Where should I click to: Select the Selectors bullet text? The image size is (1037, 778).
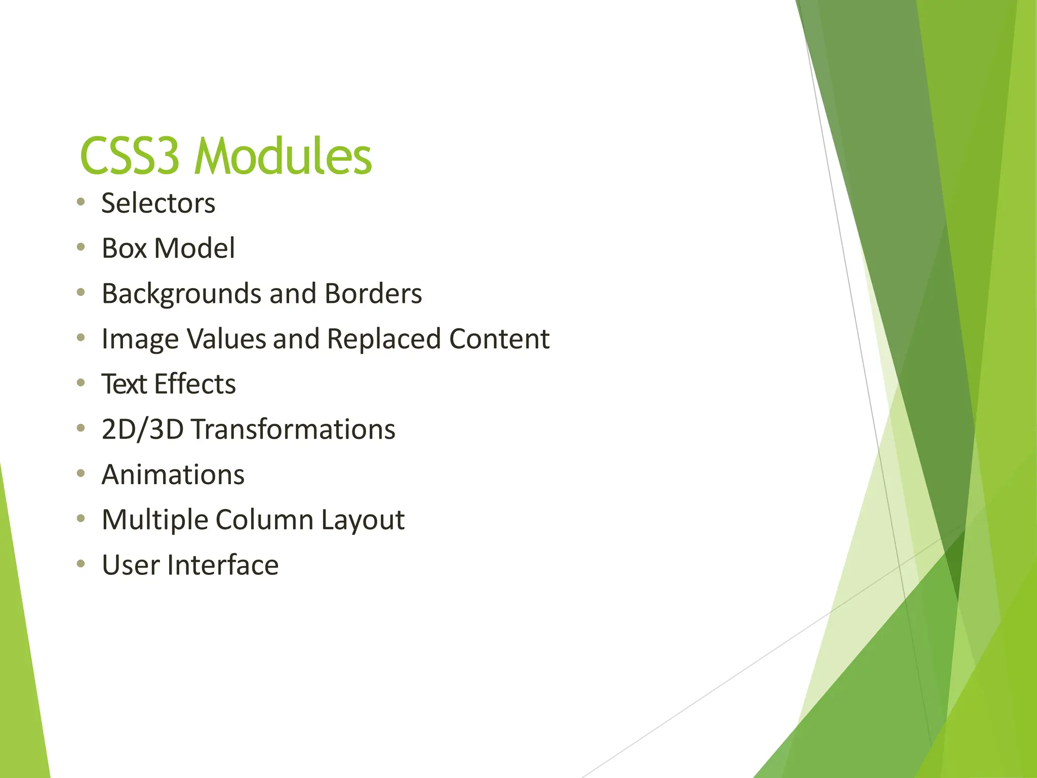(x=158, y=203)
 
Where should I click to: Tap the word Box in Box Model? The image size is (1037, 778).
(x=124, y=248)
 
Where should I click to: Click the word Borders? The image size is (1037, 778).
(x=373, y=294)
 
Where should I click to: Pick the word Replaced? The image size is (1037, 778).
(x=383, y=339)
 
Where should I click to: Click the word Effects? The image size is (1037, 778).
(x=195, y=384)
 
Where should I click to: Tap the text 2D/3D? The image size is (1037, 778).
(x=142, y=430)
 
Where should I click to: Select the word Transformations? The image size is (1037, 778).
(x=293, y=430)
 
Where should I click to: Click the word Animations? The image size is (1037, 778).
(x=173, y=475)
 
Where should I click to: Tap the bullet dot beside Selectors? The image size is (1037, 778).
(x=81, y=202)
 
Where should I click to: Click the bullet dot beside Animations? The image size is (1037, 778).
(x=81, y=474)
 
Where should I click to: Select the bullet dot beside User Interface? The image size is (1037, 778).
(x=81, y=564)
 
